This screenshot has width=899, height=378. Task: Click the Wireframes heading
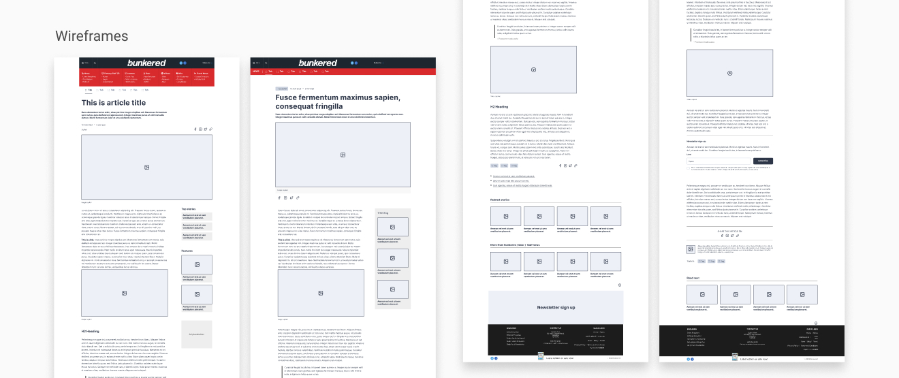tap(91, 36)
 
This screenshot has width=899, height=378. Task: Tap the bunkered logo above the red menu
tap(146, 63)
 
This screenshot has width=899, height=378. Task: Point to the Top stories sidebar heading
tap(189, 209)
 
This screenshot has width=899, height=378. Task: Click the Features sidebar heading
tap(187, 251)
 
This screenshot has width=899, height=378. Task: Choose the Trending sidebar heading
tap(383, 213)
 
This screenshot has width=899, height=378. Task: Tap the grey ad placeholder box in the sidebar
tap(196, 334)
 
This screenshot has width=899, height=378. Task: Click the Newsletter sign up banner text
tap(556, 307)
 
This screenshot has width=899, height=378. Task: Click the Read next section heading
tap(693, 278)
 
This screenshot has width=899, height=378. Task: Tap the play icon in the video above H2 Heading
tap(533, 69)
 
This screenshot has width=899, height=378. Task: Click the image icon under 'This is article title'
tap(146, 167)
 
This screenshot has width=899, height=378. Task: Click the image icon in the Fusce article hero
tap(343, 155)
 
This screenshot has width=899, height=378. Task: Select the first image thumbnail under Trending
tap(393, 227)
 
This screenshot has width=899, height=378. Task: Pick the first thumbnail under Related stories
tap(505, 216)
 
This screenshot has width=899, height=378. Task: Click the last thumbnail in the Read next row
tap(802, 294)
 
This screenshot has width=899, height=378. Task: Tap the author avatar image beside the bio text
tap(691, 249)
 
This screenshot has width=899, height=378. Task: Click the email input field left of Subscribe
tap(719, 161)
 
